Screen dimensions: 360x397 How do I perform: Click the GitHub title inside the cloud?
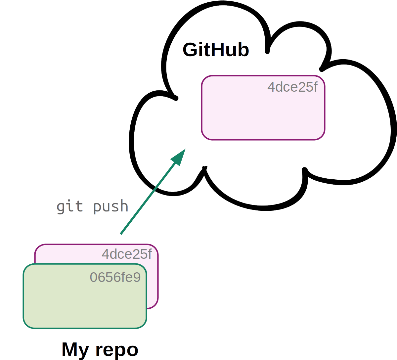click(216, 50)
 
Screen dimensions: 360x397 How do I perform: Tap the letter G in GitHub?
click(190, 50)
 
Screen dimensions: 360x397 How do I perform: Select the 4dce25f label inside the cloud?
click(292, 87)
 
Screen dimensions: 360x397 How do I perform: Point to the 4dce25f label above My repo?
click(127, 254)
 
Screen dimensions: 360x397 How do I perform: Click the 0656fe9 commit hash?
click(115, 277)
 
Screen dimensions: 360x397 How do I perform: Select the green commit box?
click(85, 301)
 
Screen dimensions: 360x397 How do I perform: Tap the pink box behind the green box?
click(153, 285)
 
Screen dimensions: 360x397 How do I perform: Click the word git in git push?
click(69, 206)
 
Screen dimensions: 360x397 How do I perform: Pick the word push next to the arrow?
click(110, 206)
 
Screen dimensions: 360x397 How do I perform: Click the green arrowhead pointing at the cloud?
click(179, 157)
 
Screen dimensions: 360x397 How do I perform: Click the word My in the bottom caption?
click(75, 350)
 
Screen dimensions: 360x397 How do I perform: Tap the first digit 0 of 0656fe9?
click(94, 277)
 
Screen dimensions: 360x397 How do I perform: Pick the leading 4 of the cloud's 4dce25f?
click(271, 87)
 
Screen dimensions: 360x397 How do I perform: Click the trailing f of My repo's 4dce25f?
click(150, 254)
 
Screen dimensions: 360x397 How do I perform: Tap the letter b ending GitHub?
click(243, 50)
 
